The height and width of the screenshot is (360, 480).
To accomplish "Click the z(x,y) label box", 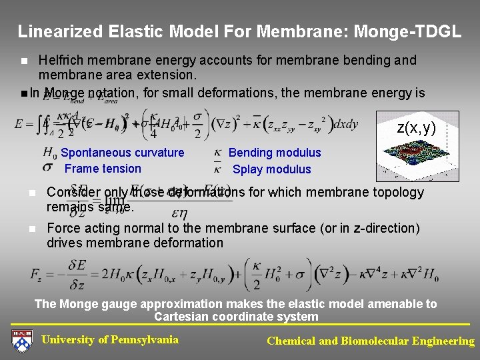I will click(416, 128).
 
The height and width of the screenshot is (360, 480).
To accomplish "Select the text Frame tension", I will click(103, 169).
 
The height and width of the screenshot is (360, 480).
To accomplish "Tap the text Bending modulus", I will click(275, 153).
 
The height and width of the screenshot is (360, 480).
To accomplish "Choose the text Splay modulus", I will click(271, 169).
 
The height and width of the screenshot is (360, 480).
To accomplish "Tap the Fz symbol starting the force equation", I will click(38, 275).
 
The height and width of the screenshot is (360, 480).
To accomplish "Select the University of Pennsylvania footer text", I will click(110, 340).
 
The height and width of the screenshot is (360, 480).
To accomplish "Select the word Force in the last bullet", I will click(63, 228).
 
